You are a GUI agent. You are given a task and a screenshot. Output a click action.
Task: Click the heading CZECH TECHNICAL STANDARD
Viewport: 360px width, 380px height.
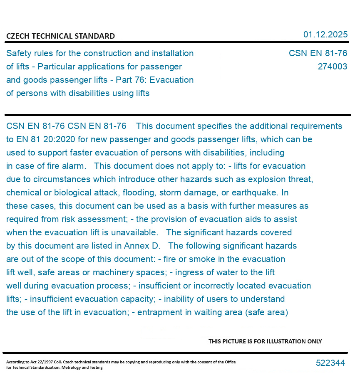point(60,36)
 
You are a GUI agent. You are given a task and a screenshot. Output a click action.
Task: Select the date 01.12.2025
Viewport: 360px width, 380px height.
point(325,35)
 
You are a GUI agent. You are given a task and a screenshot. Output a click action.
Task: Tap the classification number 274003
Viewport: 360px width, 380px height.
point(332,67)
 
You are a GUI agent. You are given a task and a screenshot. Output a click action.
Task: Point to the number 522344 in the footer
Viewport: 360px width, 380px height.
point(330,363)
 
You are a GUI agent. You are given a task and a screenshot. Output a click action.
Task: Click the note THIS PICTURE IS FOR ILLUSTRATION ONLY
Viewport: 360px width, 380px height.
point(265,341)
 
